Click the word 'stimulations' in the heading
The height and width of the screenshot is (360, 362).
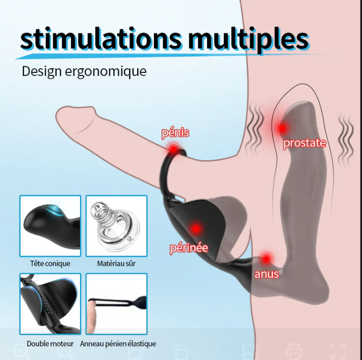(101, 39)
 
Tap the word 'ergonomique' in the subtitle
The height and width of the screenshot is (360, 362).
(105, 72)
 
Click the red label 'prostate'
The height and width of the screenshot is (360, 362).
(304, 143)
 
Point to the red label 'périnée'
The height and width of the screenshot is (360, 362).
(189, 248)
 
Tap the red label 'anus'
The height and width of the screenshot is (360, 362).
(267, 274)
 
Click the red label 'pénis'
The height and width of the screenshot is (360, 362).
(175, 133)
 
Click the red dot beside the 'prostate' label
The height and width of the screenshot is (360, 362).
(282, 128)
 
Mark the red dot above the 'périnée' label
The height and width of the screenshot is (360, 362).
(196, 229)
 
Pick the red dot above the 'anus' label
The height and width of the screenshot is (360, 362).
(266, 259)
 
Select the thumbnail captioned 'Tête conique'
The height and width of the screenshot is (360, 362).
(50, 226)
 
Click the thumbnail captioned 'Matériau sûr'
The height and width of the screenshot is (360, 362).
(116, 226)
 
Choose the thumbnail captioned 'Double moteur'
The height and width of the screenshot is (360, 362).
(50, 304)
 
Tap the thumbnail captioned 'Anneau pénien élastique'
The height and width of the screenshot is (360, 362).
(116, 304)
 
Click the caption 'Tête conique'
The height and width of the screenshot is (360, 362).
(50, 263)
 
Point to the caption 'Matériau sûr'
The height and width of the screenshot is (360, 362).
(116, 263)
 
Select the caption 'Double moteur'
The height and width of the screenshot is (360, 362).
(50, 344)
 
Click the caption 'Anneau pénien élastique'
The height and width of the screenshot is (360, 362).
(118, 344)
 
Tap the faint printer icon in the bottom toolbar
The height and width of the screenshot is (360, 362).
(294, 351)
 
